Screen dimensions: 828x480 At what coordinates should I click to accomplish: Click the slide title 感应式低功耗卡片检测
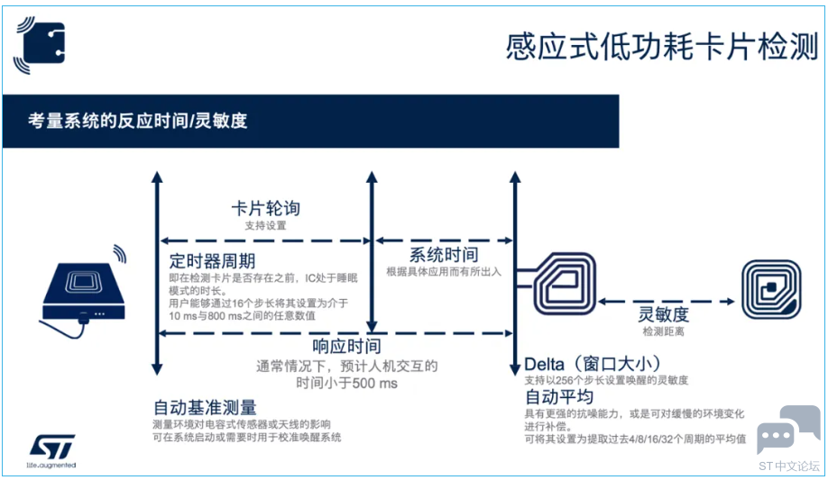[x=662, y=47]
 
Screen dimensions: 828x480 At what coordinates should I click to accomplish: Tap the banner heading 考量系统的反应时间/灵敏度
[x=138, y=121]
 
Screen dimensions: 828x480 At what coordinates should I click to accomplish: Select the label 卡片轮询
[x=265, y=208]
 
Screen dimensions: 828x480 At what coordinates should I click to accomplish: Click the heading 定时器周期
[x=212, y=261]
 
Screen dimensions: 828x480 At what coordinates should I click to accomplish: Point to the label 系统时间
[x=444, y=255]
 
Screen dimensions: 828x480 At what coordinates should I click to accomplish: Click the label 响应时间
[x=346, y=346]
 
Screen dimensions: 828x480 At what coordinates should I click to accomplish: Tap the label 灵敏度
[x=663, y=314]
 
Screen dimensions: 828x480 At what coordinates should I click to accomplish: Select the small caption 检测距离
[x=663, y=331]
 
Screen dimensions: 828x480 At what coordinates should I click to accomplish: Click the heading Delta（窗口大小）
[x=593, y=364]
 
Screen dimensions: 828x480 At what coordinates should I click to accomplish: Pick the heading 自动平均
[x=559, y=396]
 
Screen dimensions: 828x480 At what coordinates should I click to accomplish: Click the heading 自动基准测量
[x=205, y=408]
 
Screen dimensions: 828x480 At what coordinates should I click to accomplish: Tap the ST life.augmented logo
[x=51, y=451]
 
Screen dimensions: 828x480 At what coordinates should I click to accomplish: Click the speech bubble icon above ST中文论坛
[x=789, y=429]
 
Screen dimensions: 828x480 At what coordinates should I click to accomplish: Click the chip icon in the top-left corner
[x=40, y=45]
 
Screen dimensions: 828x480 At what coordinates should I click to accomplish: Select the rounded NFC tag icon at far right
[x=771, y=290]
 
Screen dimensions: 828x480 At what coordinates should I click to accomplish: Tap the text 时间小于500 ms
[x=346, y=383]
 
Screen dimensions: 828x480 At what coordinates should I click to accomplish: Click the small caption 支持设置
[x=265, y=226]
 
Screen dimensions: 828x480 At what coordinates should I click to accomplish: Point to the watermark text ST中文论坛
[x=789, y=466]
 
